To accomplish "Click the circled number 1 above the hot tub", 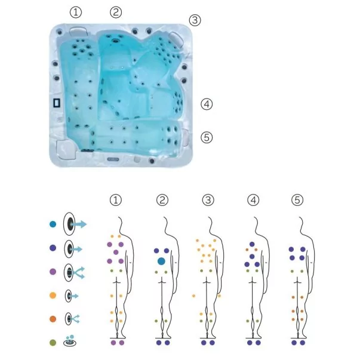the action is pos(76,13).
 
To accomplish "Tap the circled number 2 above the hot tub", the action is pos(116,12).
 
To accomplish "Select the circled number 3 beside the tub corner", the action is pos(195,20).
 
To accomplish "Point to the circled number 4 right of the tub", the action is pos(207,104).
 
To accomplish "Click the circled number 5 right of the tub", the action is pos(207,137).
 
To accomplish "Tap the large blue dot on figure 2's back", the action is pos(161,261).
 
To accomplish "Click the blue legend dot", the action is pos(53,224).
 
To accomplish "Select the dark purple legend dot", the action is pos(53,248).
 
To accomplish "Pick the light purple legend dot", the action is pos(53,272).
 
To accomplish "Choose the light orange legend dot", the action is pos(53,296).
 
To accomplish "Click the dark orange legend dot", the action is pos(53,319).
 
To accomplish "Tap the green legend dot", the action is pos(53,343).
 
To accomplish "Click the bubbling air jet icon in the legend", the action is pos(70,340).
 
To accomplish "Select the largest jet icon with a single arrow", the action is pos(75,224).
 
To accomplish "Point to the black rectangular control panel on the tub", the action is pos(57,103).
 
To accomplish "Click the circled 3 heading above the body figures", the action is pos(208,200).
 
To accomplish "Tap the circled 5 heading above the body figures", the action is pos(297,200).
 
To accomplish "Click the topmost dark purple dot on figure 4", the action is pos(252,244).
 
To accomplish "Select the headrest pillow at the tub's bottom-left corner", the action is pos(66,149).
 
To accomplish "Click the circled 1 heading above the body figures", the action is pos(116,200).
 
